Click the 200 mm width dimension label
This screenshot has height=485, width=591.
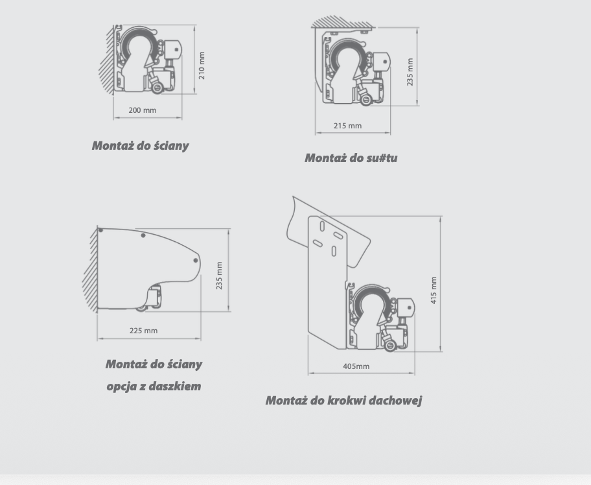coord(142,110)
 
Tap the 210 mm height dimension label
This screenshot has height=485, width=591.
coord(202,65)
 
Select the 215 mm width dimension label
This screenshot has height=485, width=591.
coord(347,126)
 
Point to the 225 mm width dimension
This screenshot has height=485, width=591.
coord(144,331)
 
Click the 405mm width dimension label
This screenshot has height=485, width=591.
coord(356,366)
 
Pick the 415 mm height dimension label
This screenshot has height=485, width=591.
coord(434,290)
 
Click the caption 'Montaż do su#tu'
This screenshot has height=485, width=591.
coord(351,158)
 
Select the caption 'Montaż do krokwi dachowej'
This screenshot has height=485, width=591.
coord(343,400)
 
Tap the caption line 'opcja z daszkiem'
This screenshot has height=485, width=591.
coord(154,386)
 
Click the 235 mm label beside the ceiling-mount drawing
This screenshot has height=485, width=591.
coord(410,72)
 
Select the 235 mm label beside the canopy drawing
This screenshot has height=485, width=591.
coord(219,276)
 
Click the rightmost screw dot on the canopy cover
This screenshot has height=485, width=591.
coord(196,260)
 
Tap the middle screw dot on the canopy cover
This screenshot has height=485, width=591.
coord(143,235)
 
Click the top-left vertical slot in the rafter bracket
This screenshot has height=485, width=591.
coord(322,226)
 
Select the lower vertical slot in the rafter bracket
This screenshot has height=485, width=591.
coord(334,252)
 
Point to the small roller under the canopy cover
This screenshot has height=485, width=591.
coord(142,309)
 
